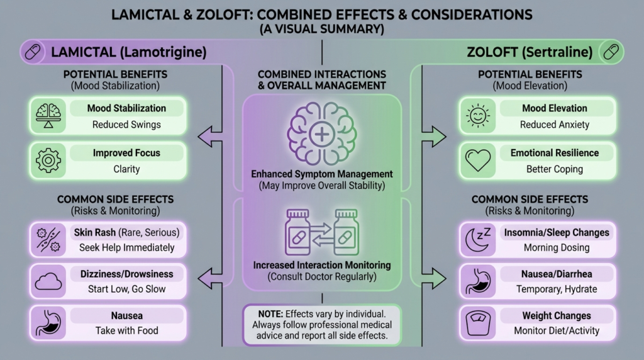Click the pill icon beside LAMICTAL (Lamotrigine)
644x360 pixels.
(33, 52)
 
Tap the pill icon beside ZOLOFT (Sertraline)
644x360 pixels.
(611, 52)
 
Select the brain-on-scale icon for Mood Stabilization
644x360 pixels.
(48, 115)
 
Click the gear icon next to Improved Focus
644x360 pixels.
(48, 160)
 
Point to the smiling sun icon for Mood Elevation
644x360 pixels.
(478, 115)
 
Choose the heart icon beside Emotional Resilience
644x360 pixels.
(478, 160)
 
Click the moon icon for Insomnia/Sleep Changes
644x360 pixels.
(478, 239)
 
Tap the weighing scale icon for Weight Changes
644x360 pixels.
(478, 323)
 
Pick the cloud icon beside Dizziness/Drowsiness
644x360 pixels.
(48, 281)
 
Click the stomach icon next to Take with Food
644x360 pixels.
(48, 323)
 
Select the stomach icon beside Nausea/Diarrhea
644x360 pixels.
(478, 281)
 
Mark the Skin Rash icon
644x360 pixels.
(48, 240)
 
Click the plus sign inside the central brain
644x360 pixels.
(322, 135)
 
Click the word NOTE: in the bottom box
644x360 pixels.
(270, 314)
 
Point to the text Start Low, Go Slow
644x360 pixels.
(126, 289)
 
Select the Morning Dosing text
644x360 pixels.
(557, 247)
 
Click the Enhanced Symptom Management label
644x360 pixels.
(322, 174)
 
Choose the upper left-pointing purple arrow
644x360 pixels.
(210, 137)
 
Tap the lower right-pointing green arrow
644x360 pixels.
(434, 278)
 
